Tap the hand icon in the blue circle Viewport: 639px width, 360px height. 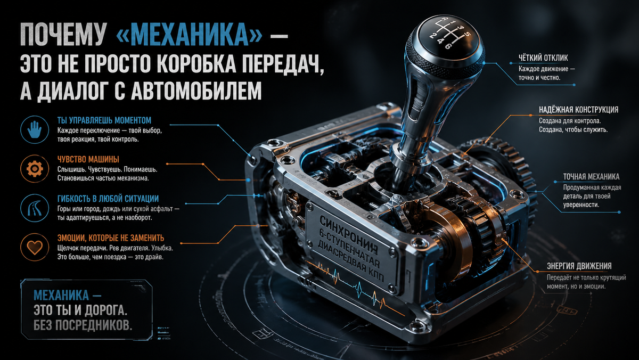click(x=34, y=129)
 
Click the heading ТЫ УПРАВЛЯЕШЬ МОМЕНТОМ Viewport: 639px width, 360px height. click(x=104, y=120)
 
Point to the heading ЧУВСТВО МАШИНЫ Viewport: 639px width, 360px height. click(x=88, y=159)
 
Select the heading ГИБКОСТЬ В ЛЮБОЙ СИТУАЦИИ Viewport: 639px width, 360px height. click(x=108, y=199)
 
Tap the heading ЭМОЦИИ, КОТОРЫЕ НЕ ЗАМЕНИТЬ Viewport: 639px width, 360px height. click(x=110, y=238)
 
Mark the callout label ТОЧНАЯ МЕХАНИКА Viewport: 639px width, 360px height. click(x=591, y=177)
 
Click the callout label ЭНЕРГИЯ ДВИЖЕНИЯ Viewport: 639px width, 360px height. click(x=579, y=266)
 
